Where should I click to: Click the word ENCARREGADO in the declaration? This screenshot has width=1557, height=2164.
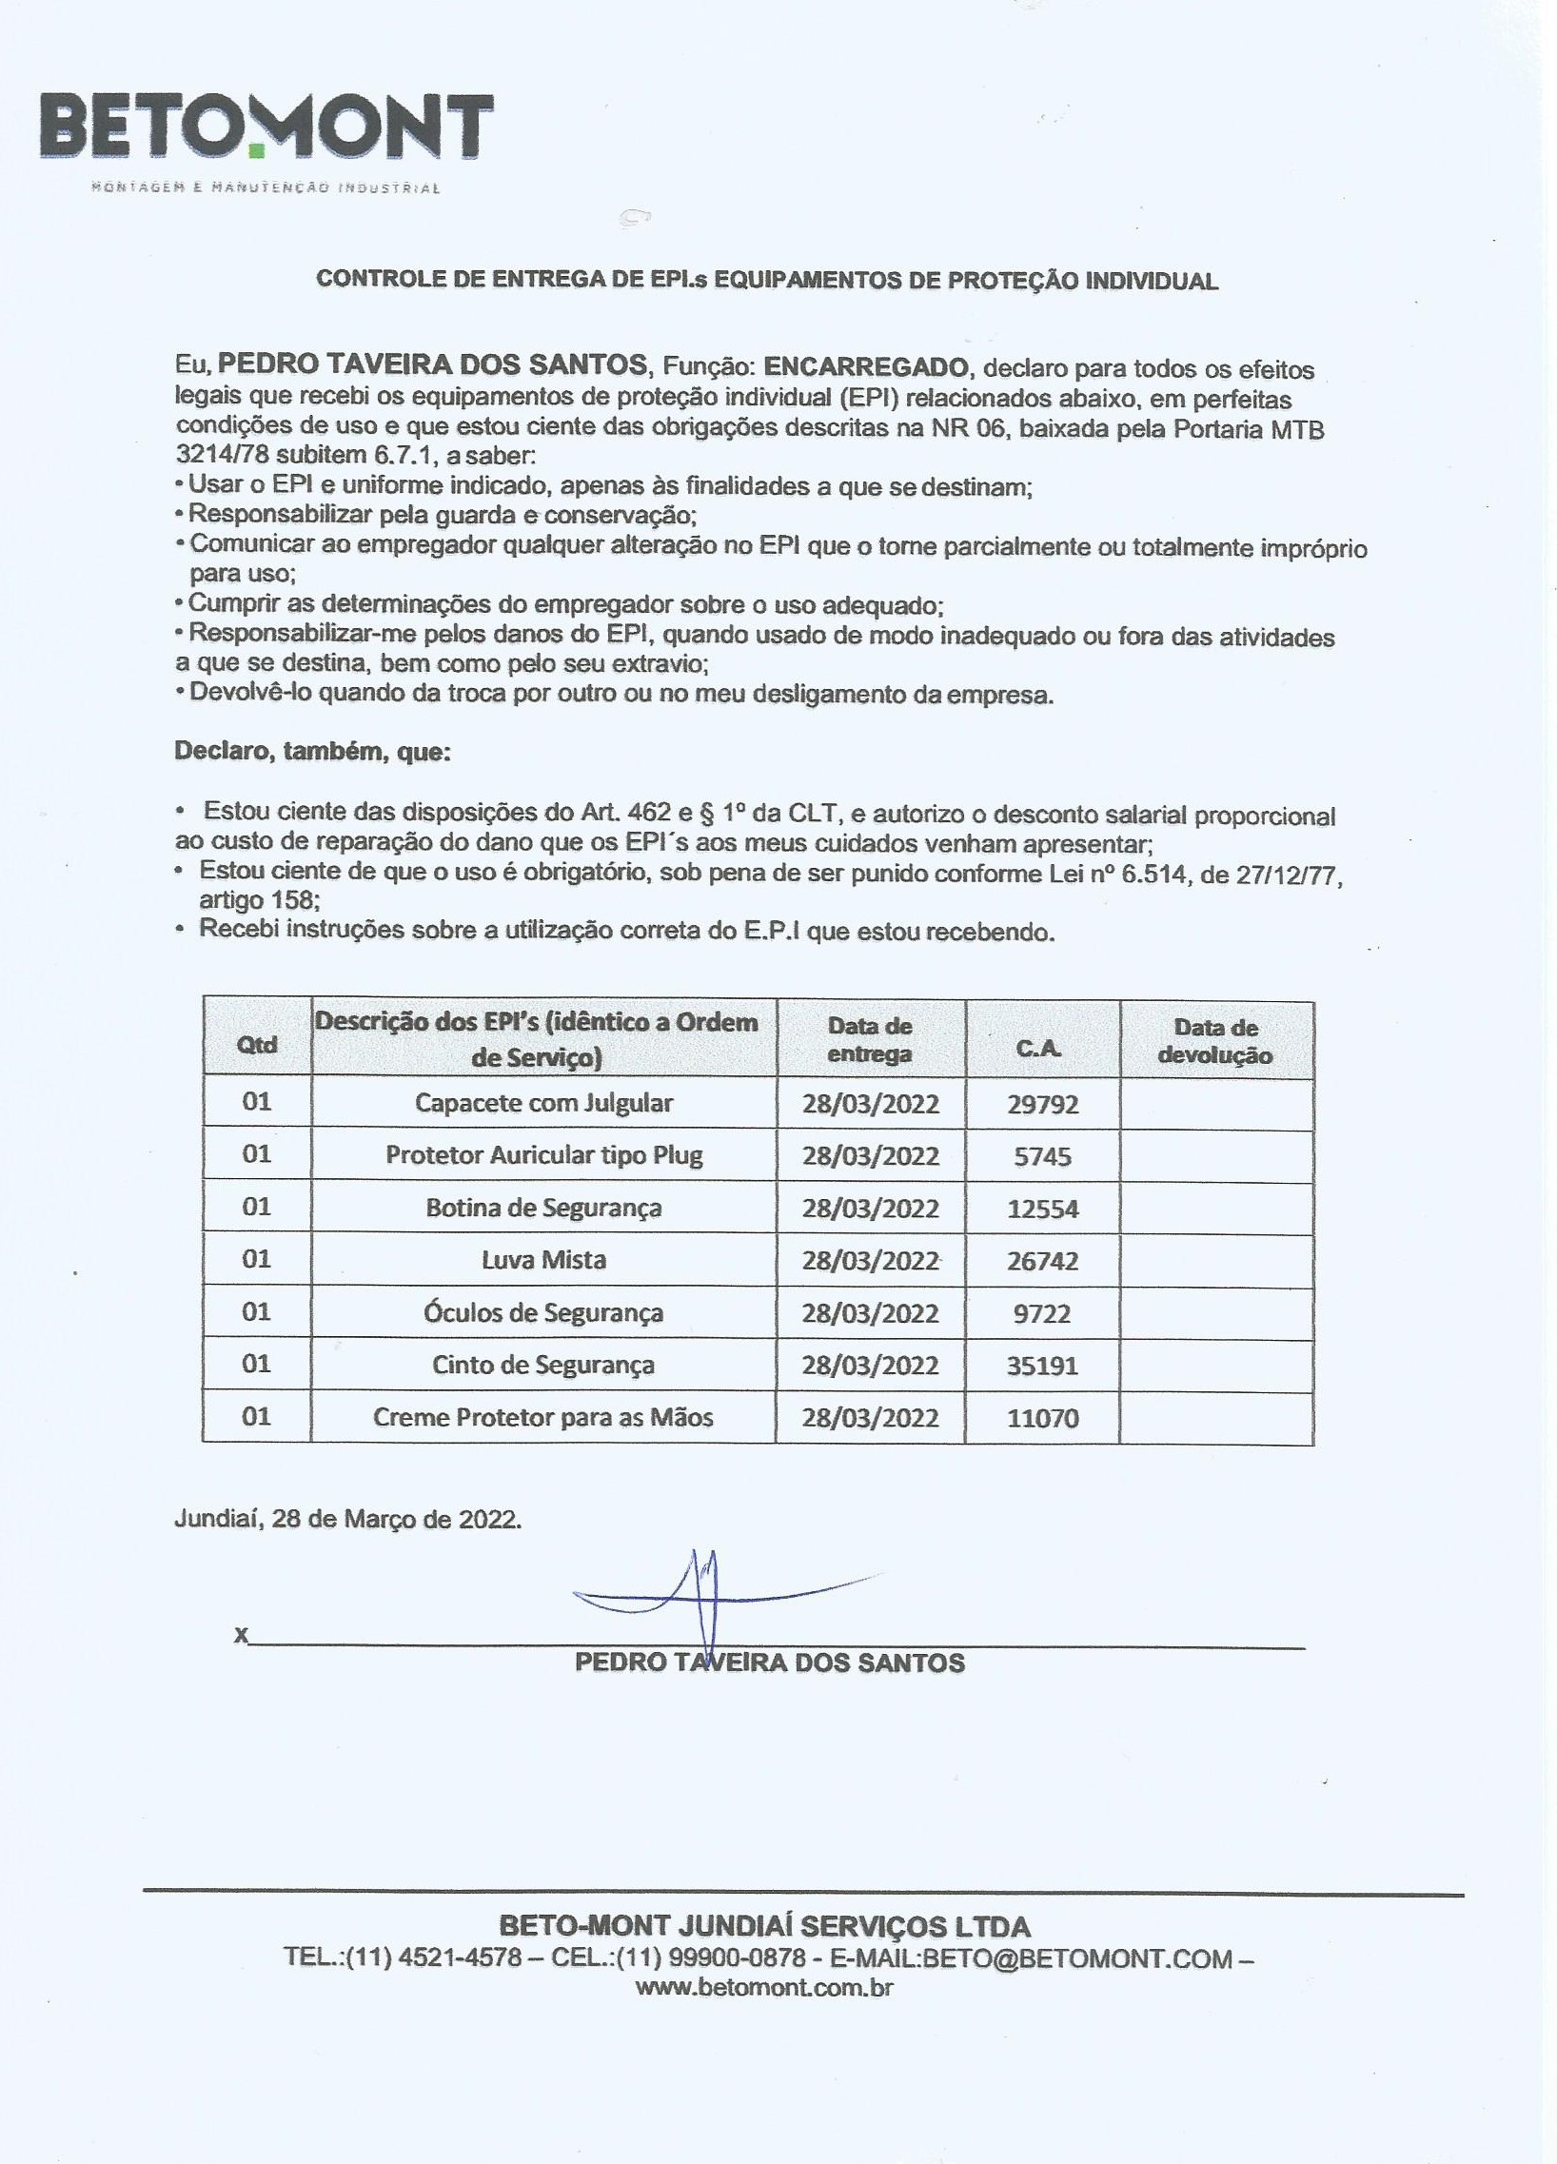pyautogui.click(x=867, y=365)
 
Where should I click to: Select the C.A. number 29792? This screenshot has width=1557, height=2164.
pyautogui.click(x=1043, y=1105)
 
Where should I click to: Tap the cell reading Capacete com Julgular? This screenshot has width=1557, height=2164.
pyautogui.click(x=543, y=1103)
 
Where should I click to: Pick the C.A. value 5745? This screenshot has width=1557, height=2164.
pyautogui.click(x=1043, y=1157)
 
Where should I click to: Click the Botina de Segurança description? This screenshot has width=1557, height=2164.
pyautogui.click(x=543, y=1208)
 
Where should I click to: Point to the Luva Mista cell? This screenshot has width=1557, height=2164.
pyautogui.click(x=543, y=1260)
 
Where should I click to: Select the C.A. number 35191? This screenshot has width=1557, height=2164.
pyautogui.click(x=1043, y=1367)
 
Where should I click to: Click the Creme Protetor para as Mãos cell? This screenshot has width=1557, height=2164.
pyautogui.click(x=543, y=1418)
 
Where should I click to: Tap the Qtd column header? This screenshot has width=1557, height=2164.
pyautogui.click(x=257, y=1045)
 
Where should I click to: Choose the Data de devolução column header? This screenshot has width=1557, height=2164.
pyautogui.click(x=1215, y=1042)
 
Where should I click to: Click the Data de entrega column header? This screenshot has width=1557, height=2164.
pyautogui.click(x=869, y=1040)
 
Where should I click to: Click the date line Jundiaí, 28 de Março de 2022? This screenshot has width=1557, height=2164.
pyautogui.click(x=348, y=1519)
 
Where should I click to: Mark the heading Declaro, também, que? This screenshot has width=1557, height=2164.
pyautogui.click(x=313, y=752)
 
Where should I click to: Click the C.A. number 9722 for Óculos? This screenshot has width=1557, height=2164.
pyautogui.click(x=1043, y=1314)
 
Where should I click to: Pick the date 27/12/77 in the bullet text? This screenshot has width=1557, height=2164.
pyautogui.click(x=1286, y=875)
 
